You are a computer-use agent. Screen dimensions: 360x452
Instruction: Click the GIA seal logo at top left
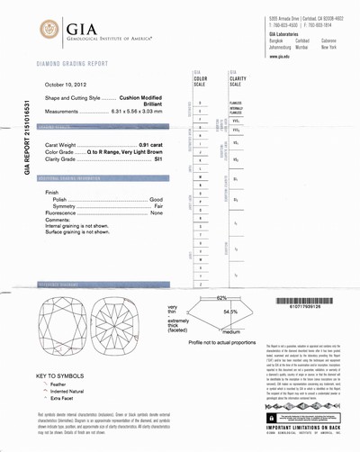pos(47,32)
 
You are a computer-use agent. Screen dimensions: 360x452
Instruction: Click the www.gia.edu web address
pos(279,57)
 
